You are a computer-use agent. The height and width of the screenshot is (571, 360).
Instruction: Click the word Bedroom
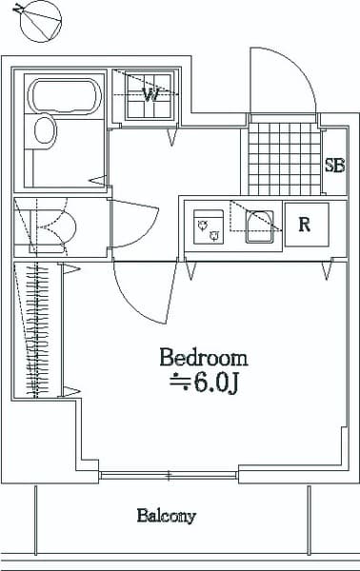click(x=203, y=359)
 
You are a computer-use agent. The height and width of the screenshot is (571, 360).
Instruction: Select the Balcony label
click(x=166, y=517)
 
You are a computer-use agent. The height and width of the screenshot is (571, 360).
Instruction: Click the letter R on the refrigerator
click(x=305, y=225)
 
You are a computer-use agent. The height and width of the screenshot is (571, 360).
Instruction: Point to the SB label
click(x=334, y=164)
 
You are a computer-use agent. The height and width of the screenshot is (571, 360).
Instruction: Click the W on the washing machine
click(x=150, y=94)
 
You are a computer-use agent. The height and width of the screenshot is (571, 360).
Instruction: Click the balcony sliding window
click(x=169, y=474)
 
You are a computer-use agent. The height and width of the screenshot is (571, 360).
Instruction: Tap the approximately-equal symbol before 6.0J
click(x=179, y=384)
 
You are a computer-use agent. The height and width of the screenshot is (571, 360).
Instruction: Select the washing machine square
click(x=150, y=95)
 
